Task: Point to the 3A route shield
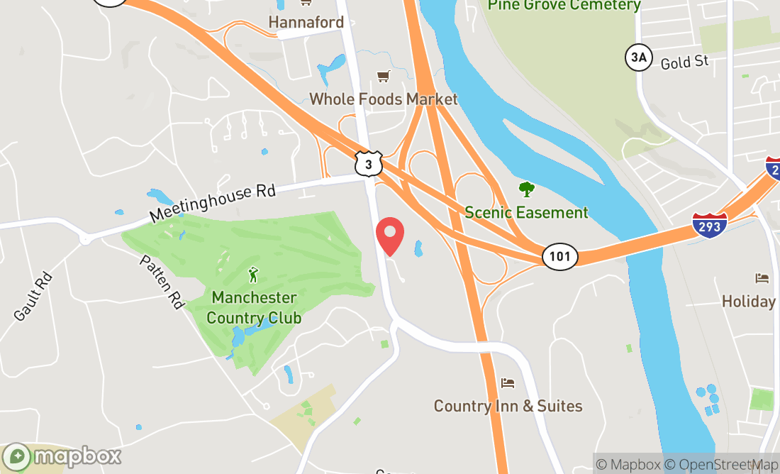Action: [x=637, y=57]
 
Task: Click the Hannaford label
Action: [x=306, y=23]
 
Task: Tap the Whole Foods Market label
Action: [x=384, y=99]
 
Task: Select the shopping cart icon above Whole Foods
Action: [x=384, y=76]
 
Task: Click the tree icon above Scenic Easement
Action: [x=526, y=189]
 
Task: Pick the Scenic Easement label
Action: [x=526, y=212]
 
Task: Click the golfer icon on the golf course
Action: [x=253, y=274]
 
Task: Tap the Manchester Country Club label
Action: [x=254, y=307]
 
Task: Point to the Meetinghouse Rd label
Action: [x=212, y=203]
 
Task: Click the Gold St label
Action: [x=684, y=62]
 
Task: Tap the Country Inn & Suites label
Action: [x=508, y=406]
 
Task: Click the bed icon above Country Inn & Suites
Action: [x=508, y=383]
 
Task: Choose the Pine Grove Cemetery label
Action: [x=564, y=6]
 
